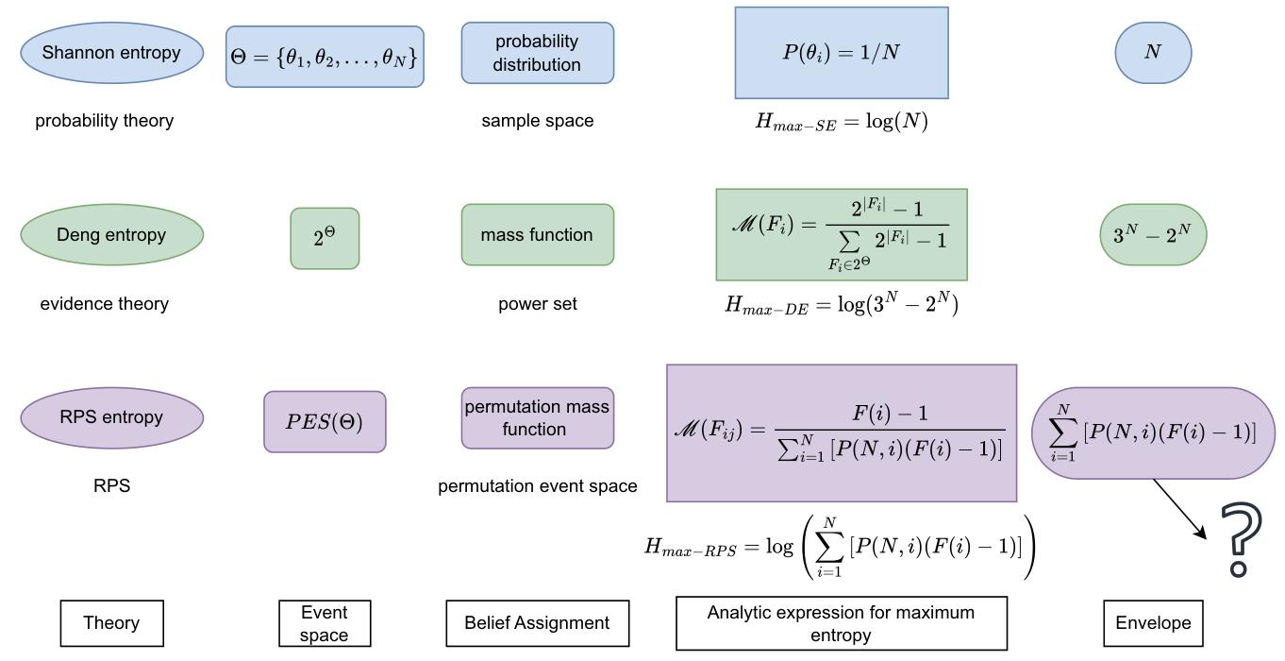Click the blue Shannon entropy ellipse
(x=111, y=53)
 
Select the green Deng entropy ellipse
(x=111, y=235)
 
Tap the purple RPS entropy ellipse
(x=111, y=417)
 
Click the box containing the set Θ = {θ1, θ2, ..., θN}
(x=325, y=57)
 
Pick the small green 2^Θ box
(x=325, y=238)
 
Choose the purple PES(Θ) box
(x=325, y=421)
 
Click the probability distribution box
(x=537, y=53)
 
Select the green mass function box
(x=537, y=235)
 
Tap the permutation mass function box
(x=537, y=417)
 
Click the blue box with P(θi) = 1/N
(x=842, y=53)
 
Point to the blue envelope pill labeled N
(x=1153, y=53)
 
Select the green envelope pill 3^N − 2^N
(x=1153, y=234)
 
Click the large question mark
(x=1241, y=540)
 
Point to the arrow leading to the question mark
(x=1180, y=509)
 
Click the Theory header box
(x=111, y=623)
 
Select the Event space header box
(x=325, y=623)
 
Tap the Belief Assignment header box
(x=537, y=623)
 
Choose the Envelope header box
(x=1153, y=623)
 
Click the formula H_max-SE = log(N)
(x=842, y=122)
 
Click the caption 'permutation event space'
(x=537, y=486)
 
